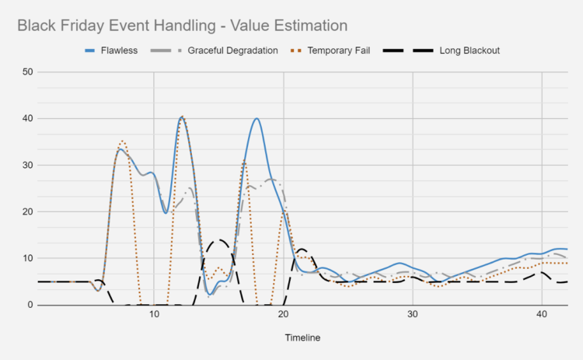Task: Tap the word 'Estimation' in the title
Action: point(306,26)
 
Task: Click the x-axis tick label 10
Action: point(154,316)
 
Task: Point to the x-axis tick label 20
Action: point(283,316)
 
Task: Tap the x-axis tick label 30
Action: point(412,316)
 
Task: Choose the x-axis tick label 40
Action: point(541,316)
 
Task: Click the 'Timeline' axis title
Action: point(301,338)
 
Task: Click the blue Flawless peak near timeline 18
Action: point(256,119)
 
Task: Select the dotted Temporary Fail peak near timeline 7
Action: point(122,142)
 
